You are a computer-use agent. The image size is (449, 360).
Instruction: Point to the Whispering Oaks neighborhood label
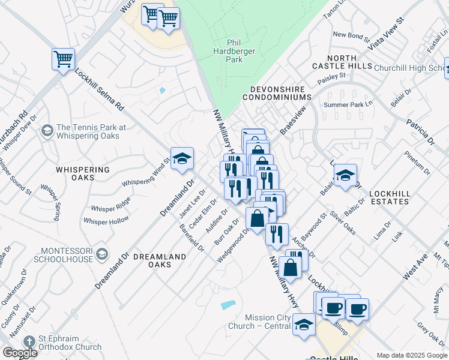(x=83, y=174)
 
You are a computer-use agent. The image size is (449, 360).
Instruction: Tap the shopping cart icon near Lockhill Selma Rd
(x=63, y=59)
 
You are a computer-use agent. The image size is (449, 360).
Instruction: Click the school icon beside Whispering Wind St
(x=182, y=159)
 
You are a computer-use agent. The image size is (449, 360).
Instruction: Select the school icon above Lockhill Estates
(x=345, y=176)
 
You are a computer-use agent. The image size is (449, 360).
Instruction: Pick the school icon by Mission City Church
(x=304, y=325)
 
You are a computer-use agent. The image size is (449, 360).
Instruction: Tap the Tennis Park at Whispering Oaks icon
(x=47, y=131)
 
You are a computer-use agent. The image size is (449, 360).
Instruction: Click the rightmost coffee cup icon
(x=357, y=309)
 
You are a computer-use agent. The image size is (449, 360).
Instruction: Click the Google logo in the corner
(x=19, y=353)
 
